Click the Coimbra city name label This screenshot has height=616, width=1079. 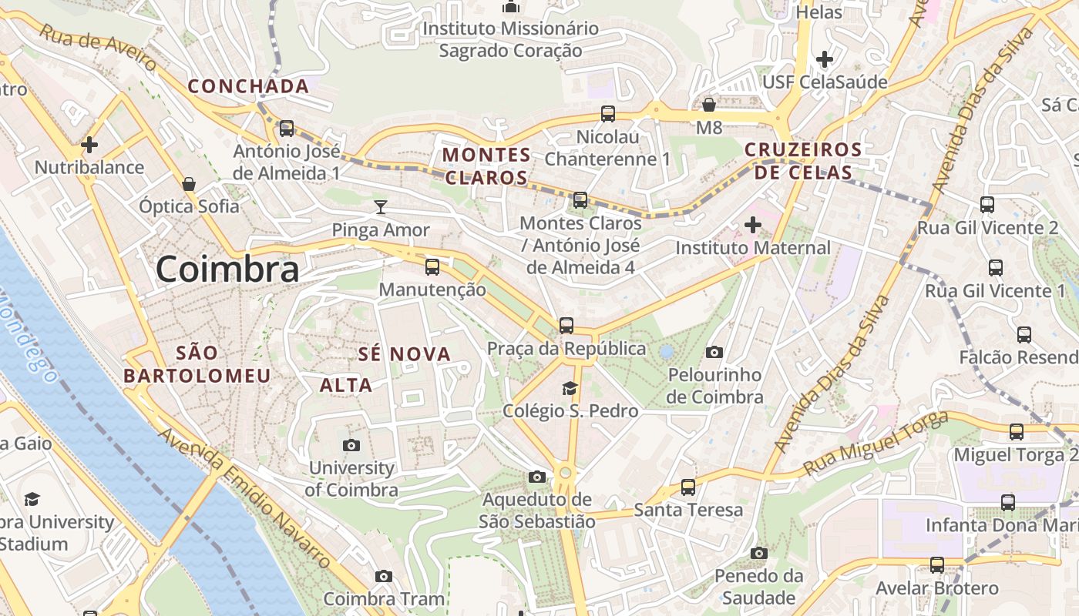point(227,269)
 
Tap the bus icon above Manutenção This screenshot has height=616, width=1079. point(432,267)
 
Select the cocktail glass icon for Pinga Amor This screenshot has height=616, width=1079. point(381,206)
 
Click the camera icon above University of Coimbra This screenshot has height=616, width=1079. point(351,445)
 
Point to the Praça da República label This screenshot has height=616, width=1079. point(566,349)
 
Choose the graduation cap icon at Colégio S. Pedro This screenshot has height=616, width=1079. point(570,388)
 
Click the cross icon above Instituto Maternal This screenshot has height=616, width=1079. point(753,225)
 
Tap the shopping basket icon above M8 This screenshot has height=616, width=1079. point(709,104)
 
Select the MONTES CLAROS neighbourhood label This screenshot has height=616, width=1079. point(486,166)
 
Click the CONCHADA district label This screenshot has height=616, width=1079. point(248,86)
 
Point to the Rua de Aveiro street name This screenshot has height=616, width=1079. point(98,48)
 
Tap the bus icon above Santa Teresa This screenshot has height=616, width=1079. point(688,487)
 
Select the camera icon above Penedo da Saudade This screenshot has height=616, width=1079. point(759,553)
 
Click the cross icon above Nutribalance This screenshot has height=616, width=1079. point(89,144)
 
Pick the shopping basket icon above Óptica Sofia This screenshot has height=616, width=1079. point(189,184)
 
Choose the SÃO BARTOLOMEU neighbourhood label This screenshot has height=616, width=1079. point(197,364)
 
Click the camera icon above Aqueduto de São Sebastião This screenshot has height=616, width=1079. point(537,477)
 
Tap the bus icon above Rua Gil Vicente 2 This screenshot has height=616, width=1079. point(987,204)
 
